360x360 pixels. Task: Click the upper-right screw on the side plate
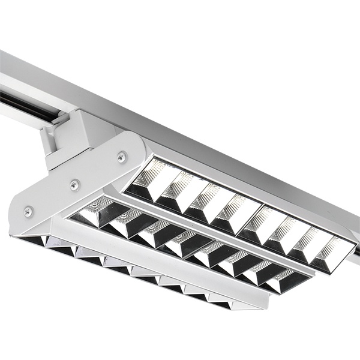[x=122, y=157]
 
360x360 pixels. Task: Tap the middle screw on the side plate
[x=74, y=185]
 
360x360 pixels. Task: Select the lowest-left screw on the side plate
[x=28, y=211]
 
